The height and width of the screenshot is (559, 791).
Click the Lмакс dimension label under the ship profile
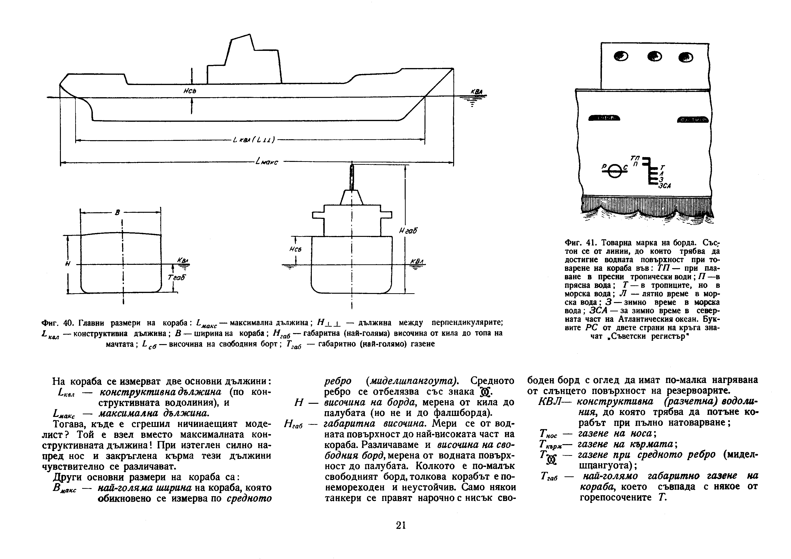click(267, 162)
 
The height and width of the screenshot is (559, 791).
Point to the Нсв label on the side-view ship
click(190, 91)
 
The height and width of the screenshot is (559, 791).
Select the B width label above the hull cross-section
click(117, 213)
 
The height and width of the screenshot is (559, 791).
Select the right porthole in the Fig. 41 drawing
click(685, 57)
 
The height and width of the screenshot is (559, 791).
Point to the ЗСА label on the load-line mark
click(664, 186)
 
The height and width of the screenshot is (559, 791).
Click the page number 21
click(401, 525)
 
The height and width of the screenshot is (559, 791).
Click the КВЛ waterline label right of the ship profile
click(477, 92)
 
